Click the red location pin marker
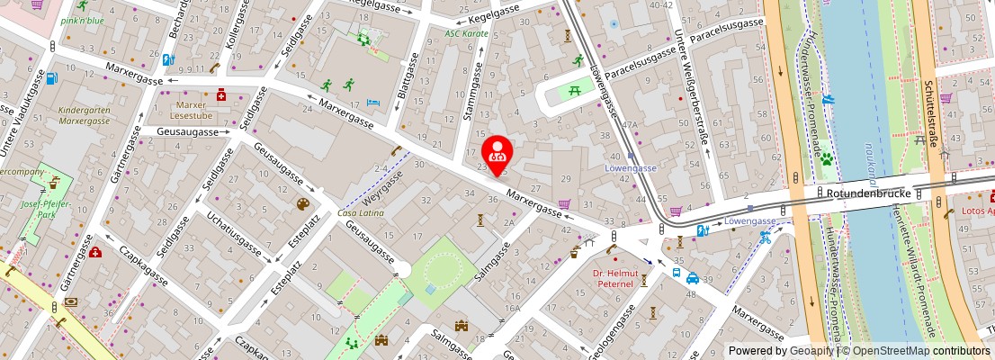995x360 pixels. (x=497, y=151)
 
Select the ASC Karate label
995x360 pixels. (x=466, y=33)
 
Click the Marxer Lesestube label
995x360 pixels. (x=192, y=110)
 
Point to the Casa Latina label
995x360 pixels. (x=360, y=212)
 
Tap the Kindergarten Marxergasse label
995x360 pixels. (x=84, y=115)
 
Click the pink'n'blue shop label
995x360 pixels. (x=83, y=20)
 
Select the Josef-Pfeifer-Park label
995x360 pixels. (x=39, y=209)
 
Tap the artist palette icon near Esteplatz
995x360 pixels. (x=302, y=204)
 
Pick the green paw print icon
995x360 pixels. (x=825, y=159)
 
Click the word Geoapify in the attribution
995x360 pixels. (x=811, y=351)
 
